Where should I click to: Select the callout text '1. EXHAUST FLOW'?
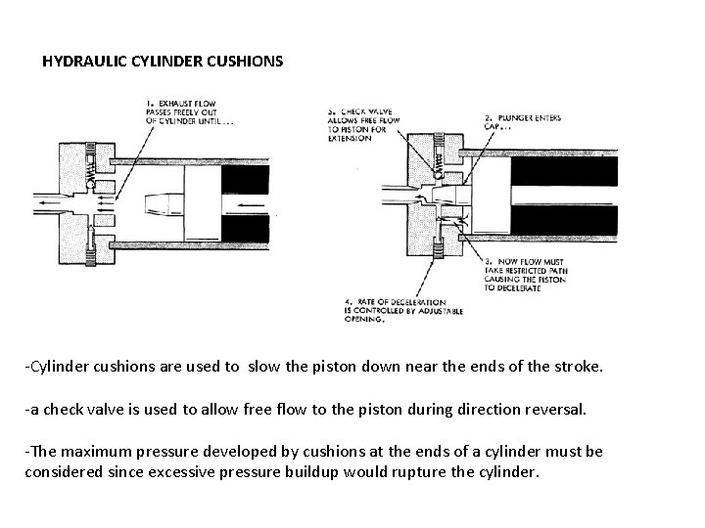[180, 103]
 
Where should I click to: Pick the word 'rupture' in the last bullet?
[433, 471]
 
